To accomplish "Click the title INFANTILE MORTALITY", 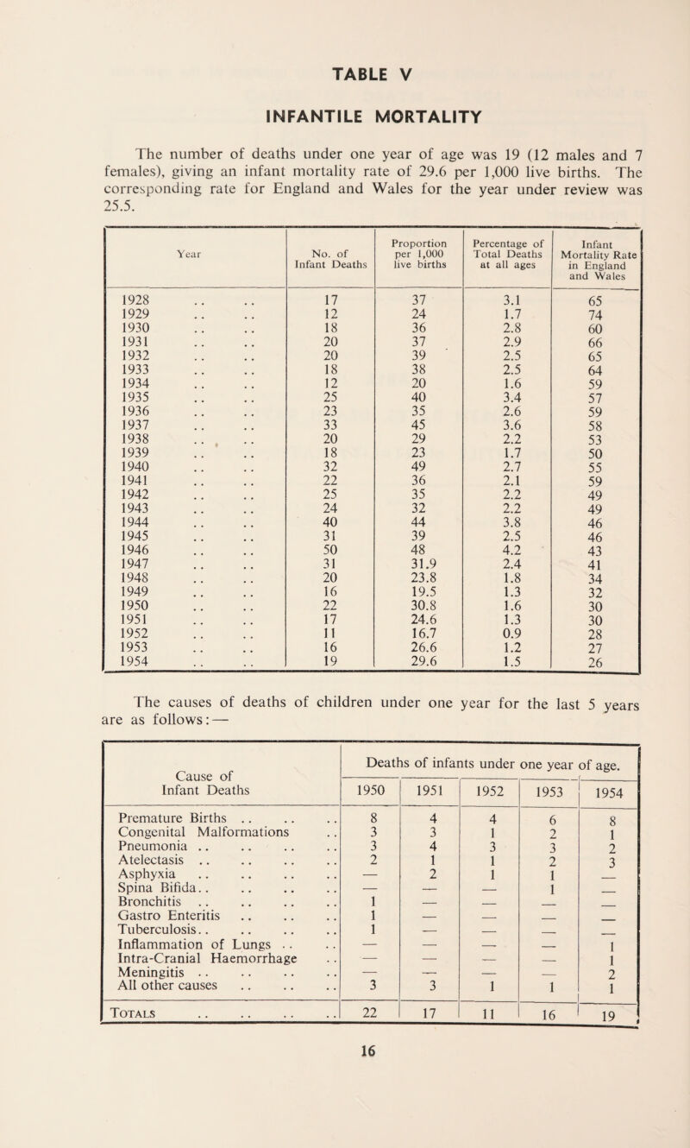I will tap(345, 90).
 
